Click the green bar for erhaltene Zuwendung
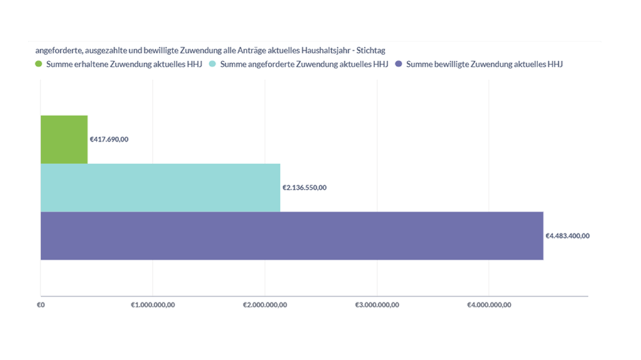click(x=64, y=139)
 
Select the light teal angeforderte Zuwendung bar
click(x=160, y=188)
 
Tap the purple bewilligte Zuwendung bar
click(x=292, y=236)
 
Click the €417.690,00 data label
click(x=109, y=139)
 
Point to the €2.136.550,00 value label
click(x=304, y=188)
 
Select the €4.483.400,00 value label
click(x=568, y=236)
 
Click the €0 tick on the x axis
click(x=41, y=305)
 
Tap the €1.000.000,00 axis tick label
click(x=152, y=305)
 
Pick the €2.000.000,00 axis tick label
click(x=265, y=305)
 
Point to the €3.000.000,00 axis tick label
click(x=377, y=305)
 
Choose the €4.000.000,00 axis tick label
click(x=489, y=305)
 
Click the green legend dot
click(x=39, y=65)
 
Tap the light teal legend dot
click(x=213, y=65)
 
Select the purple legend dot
click(x=399, y=65)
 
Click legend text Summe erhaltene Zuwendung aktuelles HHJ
click(x=124, y=65)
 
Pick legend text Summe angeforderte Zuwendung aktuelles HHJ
click(x=304, y=65)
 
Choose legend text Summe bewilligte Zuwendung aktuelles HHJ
click(x=485, y=65)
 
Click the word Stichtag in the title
click(x=370, y=50)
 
